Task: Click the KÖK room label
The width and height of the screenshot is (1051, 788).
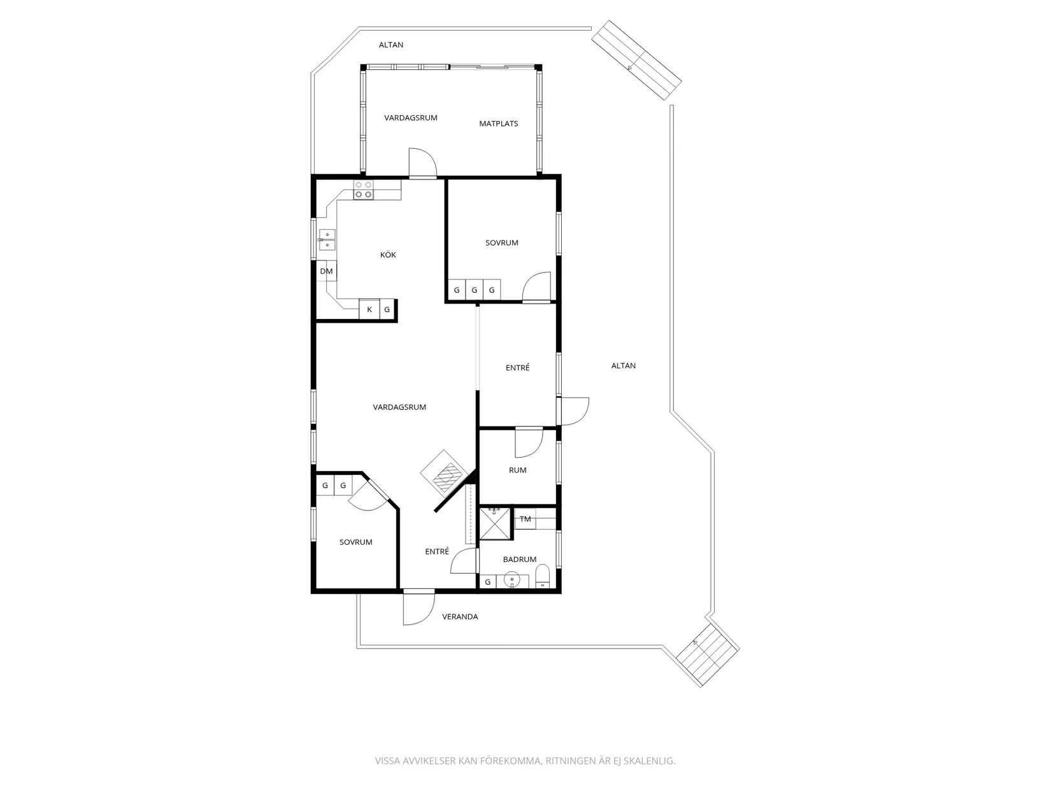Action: (x=388, y=255)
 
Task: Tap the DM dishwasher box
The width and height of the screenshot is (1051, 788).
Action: (x=327, y=271)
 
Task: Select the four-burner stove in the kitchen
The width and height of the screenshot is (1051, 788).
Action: (x=364, y=190)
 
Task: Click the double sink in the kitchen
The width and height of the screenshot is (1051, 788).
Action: (x=327, y=240)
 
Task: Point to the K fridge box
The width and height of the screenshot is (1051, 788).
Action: (x=369, y=309)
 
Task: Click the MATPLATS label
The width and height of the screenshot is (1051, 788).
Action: (x=499, y=123)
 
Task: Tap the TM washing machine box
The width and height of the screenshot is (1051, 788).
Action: (x=525, y=519)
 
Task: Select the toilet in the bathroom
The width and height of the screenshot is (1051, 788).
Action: (x=542, y=576)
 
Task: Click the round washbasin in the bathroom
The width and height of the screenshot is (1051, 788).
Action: (x=512, y=579)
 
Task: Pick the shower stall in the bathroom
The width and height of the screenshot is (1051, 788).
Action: (x=495, y=524)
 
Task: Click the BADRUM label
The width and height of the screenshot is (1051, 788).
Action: (x=520, y=559)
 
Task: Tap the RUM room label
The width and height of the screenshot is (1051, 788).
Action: (x=518, y=470)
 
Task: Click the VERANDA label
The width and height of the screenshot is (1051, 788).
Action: (x=460, y=617)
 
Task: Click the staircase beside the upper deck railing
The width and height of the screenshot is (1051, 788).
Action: (x=636, y=60)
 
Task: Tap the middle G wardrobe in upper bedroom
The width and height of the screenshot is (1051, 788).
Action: (x=474, y=290)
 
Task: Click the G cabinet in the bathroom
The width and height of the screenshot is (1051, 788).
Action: (x=488, y=582)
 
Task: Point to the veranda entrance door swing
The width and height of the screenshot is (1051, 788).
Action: (x=419, y=609)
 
